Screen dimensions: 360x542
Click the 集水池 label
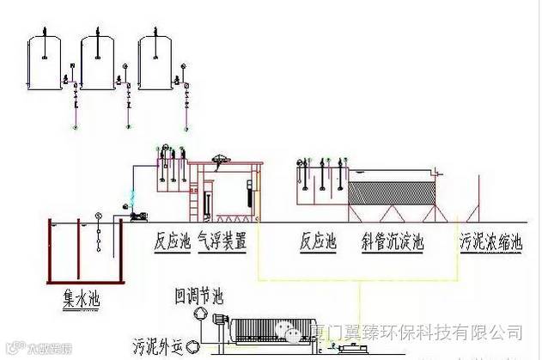pos(82,298)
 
